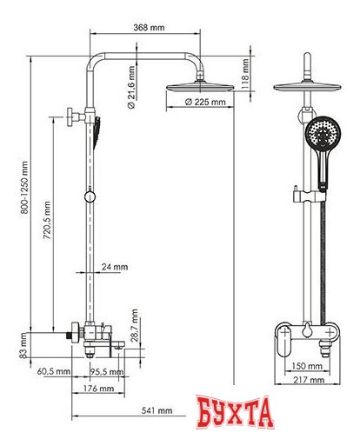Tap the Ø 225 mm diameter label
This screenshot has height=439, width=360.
207,103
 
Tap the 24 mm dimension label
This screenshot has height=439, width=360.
114,267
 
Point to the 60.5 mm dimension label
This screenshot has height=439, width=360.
54,371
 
